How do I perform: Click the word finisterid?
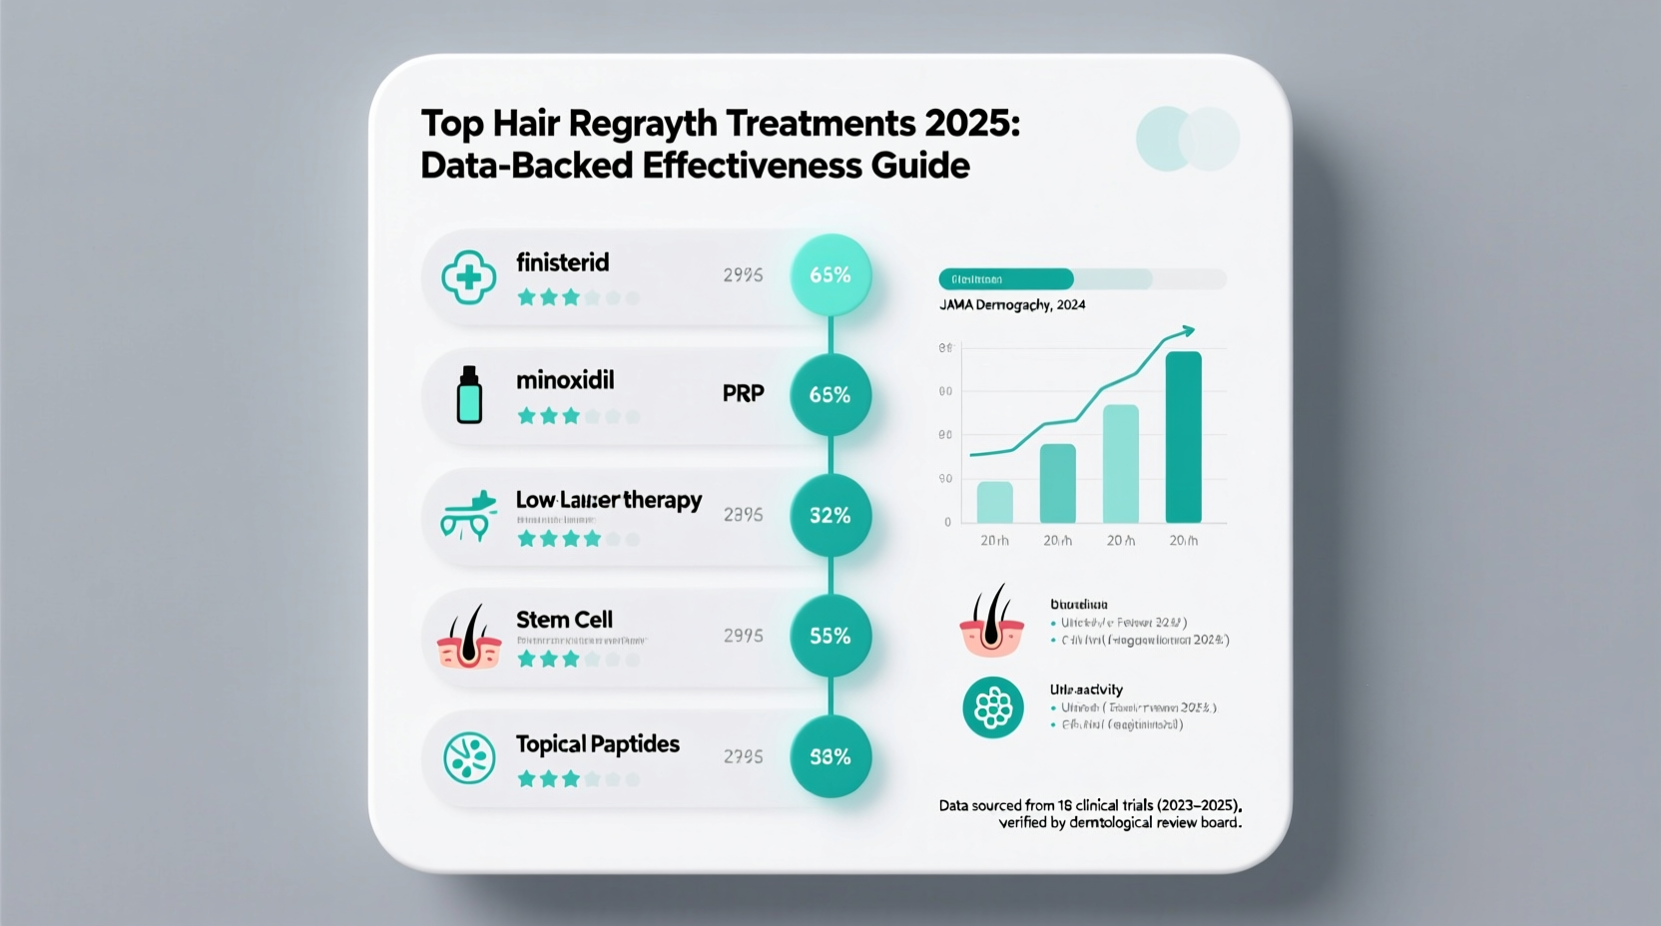click(x=562, y=262)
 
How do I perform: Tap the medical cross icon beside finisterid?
click(x=468, y=276)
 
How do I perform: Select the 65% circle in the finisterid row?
click(x=830, y=275)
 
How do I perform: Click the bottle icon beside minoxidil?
click(x=468, y=395)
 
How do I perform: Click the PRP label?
click(x=743, y=393)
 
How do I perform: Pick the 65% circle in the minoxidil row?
click(x=830, y=395)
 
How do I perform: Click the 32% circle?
click(x=830, y=516)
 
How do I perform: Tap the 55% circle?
click(x=830, y=637)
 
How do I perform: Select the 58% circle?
click(x=830, y=757)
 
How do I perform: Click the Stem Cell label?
click(x=564, y=620)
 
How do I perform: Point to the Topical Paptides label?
click(x=597, y=744)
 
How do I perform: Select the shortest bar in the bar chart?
click(x=994, y=502)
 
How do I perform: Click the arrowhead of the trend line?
click(x=1187, y=329)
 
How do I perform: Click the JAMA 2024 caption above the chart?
click(x=1012, y=305)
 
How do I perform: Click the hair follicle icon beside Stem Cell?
click(x=468, y=638)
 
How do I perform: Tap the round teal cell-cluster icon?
click(x=992, y=707)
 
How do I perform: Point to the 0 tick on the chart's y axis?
click(x=947, y=522)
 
